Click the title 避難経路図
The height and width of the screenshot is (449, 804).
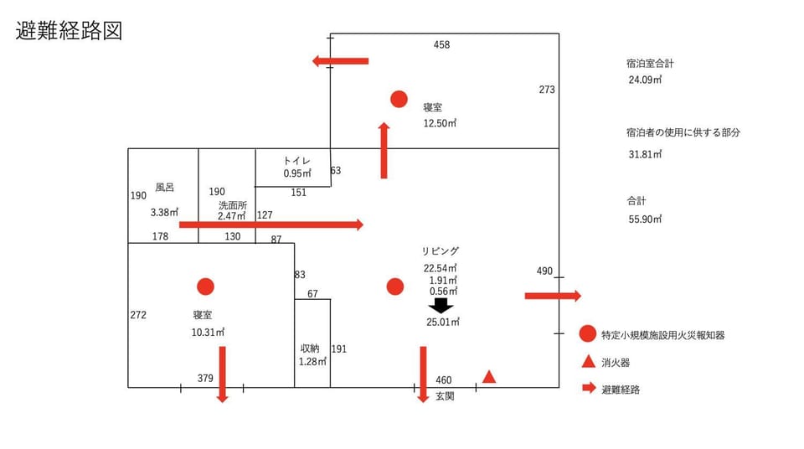tap(69, 31)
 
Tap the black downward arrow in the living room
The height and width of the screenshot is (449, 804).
tap(441, 306)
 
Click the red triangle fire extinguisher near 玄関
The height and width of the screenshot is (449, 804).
tap(489, 377)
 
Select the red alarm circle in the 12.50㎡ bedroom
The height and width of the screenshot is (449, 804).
tap(399, 99)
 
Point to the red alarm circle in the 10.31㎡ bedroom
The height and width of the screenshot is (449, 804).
tap(206, 286)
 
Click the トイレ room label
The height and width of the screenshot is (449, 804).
tap(296, 161)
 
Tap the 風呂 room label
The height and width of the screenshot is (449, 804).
tap(165, 188)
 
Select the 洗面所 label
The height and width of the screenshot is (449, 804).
tap(233, 204)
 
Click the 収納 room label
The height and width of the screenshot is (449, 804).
tap(310, 348)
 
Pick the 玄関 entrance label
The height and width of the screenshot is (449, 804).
tap(445, 396)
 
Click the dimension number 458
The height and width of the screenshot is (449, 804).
tap(441, 44)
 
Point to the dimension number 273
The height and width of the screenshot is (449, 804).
tap(547, 90)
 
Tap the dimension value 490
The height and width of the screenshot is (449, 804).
tap(544, 271)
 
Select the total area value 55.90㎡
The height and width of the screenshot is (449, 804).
tap(645, 219)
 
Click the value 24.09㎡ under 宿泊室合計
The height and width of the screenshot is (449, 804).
tap(645, 80)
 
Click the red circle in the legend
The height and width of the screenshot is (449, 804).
tap(588, 333)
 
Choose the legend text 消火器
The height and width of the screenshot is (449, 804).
tap(616, 363)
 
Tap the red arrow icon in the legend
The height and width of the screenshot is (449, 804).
tap(589, 387)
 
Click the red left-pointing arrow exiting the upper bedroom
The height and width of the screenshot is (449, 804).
tap(341, 61)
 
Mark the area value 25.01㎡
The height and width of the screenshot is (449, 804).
tap(443, 323)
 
